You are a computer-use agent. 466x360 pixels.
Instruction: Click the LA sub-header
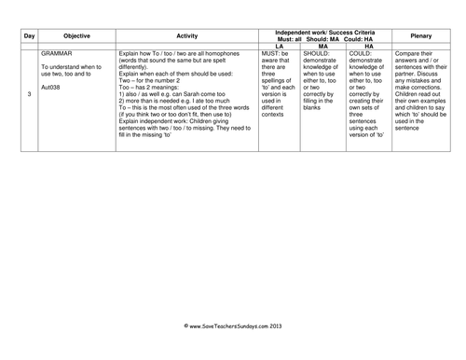[278, 45]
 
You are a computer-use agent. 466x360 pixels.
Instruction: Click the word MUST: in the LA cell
[271, 55]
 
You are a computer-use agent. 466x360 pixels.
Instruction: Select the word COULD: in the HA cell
[359, 55]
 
